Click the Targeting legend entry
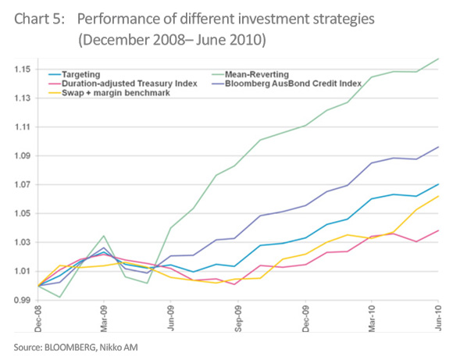point(74,74)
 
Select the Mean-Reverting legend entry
point(251,74)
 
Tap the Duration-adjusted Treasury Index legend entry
point(123,84)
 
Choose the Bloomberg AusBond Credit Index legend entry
point(287,84)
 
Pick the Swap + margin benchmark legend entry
point(109,93)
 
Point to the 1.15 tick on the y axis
point(22,70)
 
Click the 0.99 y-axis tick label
point(22,300)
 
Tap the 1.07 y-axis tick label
point(22,184)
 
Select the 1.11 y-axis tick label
point(22,127)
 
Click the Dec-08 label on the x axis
point(37,319)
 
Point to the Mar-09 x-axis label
point(104,319)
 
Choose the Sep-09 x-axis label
point(238,319)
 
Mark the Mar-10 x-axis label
point(372,319)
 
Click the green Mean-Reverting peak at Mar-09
point(104,236)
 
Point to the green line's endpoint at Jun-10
point(439,59)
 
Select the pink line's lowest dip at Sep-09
point(234,284)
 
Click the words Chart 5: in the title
point(40,20)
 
